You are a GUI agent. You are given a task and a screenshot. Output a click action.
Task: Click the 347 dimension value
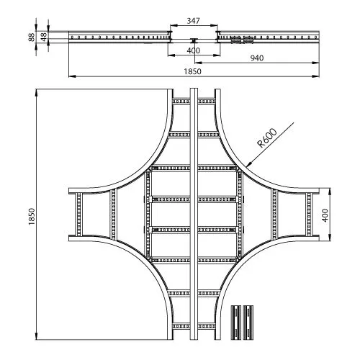[193, 21]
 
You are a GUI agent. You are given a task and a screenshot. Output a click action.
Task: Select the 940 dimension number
[257, 58]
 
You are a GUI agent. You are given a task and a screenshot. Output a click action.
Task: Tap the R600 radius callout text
[267, 138]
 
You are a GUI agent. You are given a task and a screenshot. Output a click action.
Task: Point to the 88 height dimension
[32, 37]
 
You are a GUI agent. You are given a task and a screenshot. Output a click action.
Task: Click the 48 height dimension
[44, 37]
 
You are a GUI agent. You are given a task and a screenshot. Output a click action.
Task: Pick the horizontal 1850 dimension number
[192, 71]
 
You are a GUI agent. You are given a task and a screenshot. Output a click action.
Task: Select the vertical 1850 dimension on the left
[32, 217]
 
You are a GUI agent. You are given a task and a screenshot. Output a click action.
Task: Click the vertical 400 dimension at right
[325, 215]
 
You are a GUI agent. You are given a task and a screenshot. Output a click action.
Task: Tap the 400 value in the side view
[194, 50]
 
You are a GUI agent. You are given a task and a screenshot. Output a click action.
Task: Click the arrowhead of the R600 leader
[248, 164]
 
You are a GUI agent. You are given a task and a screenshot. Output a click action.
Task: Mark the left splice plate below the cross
[236, 323]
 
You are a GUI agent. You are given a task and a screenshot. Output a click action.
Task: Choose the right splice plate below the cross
[248, 323]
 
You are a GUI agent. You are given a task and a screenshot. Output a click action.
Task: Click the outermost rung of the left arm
[79, 214]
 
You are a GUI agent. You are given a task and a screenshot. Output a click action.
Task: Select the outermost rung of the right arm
[309, 214]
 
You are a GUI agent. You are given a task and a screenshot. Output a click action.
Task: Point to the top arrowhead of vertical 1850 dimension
[36, 92]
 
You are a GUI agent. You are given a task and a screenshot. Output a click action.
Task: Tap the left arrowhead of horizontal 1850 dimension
[72, 76]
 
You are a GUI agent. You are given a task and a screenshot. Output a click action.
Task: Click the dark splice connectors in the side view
[242, 40]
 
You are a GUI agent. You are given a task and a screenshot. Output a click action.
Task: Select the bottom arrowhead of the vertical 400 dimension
[330, 238]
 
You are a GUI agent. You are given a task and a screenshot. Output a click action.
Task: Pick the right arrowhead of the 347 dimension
[215, 25]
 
